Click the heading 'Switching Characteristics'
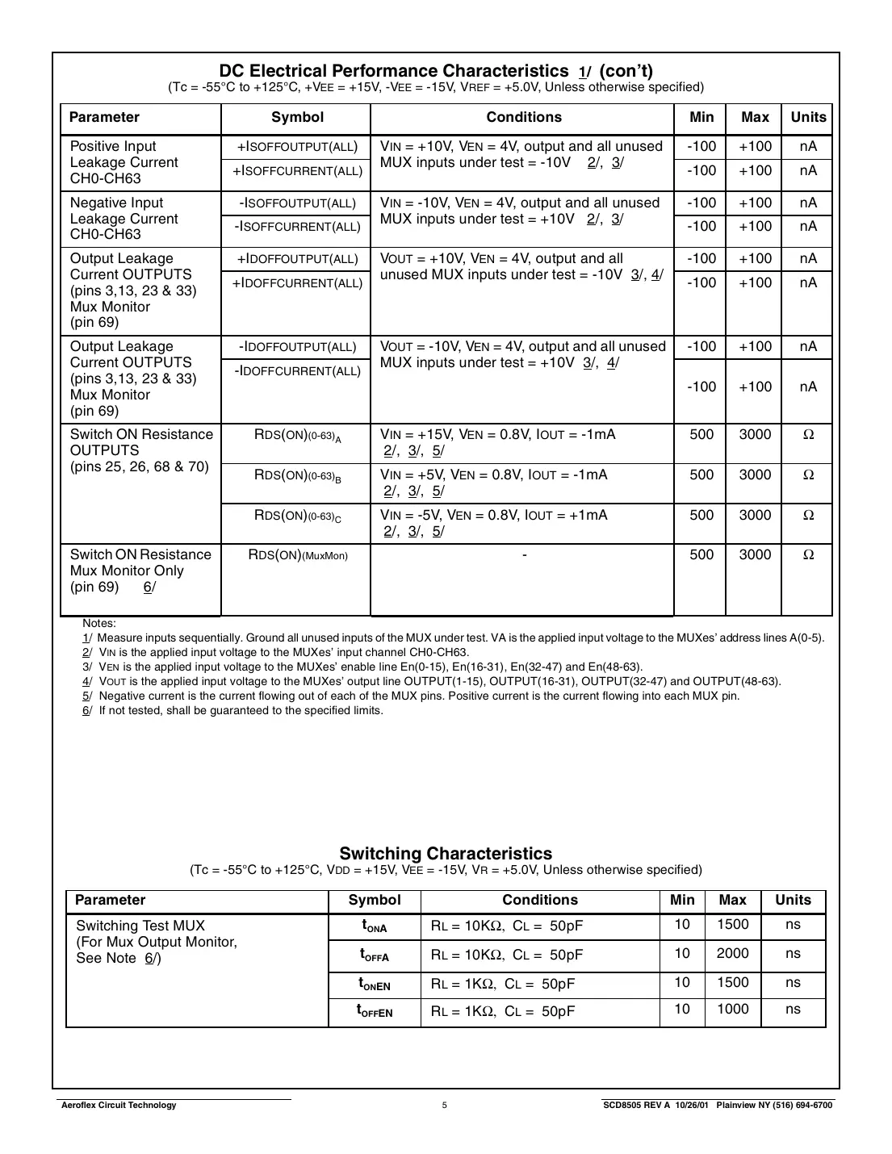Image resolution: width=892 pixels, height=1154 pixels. click(x=446, y=853)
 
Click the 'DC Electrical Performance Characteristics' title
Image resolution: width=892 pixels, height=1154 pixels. click(x=394, y=71)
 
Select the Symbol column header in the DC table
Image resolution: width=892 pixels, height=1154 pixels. click(x=297, y=118)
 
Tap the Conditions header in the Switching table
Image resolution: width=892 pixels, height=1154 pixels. click(x=540, y=900)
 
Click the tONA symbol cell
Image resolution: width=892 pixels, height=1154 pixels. click(x=375, y=926)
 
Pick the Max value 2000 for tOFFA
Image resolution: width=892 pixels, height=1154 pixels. click(x=732, y=954)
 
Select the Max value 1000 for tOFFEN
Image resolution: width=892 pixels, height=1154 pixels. click(x=732, y=1010)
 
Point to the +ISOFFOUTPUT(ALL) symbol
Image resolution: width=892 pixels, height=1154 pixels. click(x=297, y=147)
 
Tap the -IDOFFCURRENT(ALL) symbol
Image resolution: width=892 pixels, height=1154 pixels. click(x=297, y=371)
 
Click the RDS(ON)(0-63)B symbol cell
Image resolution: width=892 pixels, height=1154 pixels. click(x=297, y=475)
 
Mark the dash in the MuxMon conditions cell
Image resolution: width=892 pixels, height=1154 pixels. click(x=525, y=555)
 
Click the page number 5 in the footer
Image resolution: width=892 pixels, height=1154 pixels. click(x=445, y=1106)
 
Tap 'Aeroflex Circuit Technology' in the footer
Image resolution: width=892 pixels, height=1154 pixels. click(x=119, y=1106)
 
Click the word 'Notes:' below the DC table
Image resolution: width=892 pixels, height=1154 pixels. click(x=99, y=623)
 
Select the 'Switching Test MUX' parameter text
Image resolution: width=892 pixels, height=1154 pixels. click(x=140, y=926)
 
